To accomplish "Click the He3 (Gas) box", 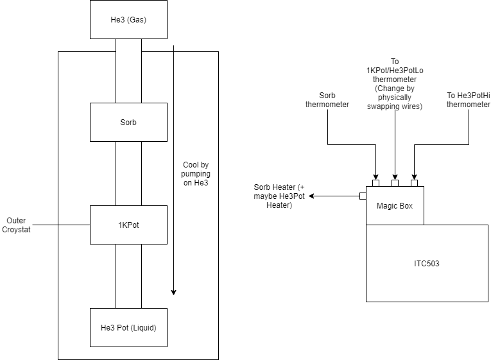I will click(128, 19).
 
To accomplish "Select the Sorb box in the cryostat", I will click(128, 122).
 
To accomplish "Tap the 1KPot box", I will click(128, 225).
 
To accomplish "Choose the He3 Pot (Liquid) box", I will click(128, 327).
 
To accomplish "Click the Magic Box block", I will click(395, 205).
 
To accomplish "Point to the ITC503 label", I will click(426, 263).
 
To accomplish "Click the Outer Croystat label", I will click(16, 225).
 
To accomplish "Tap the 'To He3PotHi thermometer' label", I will click(469, 99).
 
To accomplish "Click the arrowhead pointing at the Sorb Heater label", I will click(311, 196).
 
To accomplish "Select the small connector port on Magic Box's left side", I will click(363, 196).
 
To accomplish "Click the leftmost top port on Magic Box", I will click(375, 184).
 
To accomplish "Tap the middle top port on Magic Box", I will click(395, 184).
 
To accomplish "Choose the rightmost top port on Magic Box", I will click(414, 184).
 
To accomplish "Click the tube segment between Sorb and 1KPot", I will click(128, 173).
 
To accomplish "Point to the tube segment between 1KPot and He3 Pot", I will click(128, 276).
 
